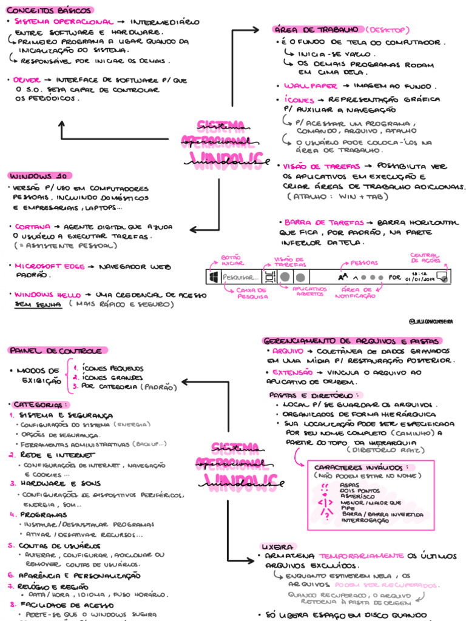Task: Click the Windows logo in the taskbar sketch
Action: tap(214, 277)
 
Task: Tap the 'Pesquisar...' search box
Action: tap(240, 277)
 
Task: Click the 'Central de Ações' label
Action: tap(425, 258)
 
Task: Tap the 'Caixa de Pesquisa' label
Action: tap(249, 294)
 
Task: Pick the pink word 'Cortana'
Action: tap(33, 226)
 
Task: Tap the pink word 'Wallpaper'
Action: tap(307, 86)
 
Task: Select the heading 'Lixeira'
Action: tap(277, 545)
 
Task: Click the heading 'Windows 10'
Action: tap(38, 175)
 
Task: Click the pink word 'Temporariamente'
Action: tap(361, 556)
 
